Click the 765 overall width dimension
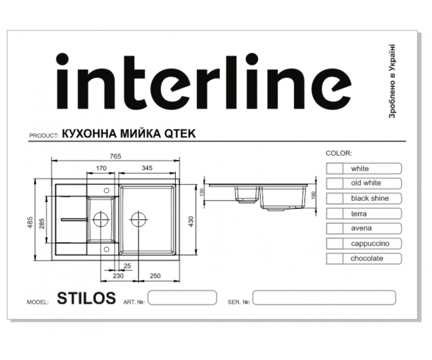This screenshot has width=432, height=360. (x=116, y=156)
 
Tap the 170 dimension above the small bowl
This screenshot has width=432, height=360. (x=101, y=168)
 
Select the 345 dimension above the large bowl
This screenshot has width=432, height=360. (x=147, y=168)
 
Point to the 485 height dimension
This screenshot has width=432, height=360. (x=30, y=222)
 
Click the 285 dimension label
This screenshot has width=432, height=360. (x=42, y=224)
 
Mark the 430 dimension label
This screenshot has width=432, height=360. (x=191, y=221)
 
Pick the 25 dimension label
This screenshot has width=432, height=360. (x=127, y=266)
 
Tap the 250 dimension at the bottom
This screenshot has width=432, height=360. (x=155, y=276)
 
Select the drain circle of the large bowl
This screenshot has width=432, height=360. (x=138, y=220)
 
